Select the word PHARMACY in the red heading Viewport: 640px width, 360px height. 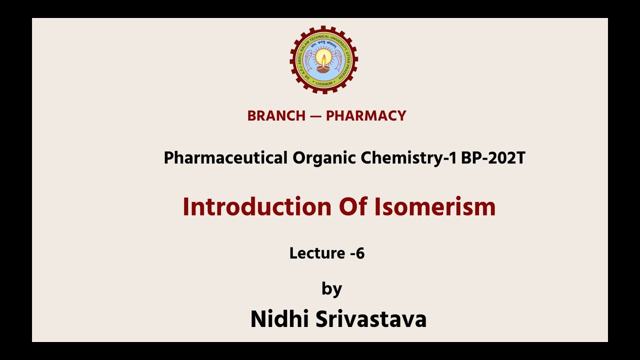click(x=366, y=116)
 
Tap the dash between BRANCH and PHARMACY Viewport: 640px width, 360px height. click(x=315, y=116)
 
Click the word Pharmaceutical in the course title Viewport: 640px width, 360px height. click(x=225, y=158)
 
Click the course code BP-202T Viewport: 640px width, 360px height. click(x=493, y=158)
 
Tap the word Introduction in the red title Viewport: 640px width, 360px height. click(x=257, y=206)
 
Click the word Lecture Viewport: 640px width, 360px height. click(x=317, y=253)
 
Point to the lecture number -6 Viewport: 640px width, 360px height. click(x=357, y=253)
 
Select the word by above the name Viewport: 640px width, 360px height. click(x=331, y=288)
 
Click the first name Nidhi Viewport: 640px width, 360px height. click(x=279, y=319)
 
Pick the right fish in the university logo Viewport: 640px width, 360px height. click(x=339, y=60)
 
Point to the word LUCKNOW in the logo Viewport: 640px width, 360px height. click(x=324, y=83)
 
